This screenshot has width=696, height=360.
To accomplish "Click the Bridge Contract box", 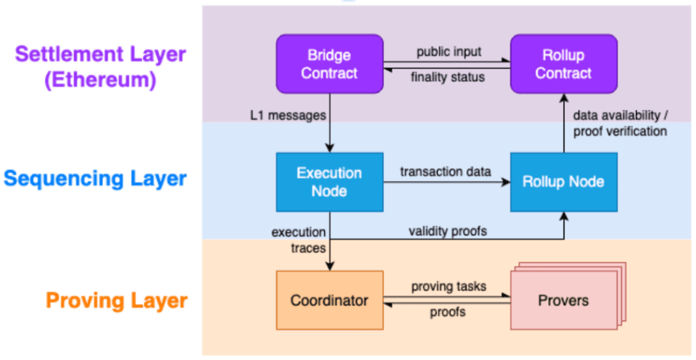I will [329, 64].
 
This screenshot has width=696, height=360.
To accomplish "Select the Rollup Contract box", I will [564, 64].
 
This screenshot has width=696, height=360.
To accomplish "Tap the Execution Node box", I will [329, 182].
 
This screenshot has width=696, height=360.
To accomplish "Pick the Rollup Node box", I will [564, 182].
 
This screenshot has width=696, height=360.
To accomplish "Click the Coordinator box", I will [329, 300].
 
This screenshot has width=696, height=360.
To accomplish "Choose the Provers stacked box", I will [564, 301].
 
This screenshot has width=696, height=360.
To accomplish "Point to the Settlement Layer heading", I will [100, 54].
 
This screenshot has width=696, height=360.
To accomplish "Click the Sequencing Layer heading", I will [94, 178].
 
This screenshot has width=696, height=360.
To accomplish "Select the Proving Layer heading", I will [116, 300].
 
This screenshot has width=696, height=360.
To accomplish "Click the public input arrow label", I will [449, 52].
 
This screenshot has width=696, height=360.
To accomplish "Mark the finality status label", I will [449, 77].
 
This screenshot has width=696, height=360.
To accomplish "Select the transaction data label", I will [445, 171].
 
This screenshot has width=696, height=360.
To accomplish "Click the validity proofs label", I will [448, 231].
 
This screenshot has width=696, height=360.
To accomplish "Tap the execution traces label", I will [299, 238].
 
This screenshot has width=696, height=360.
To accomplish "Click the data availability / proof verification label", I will [619, 124].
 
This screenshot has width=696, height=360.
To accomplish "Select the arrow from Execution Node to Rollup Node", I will [447, 182].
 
